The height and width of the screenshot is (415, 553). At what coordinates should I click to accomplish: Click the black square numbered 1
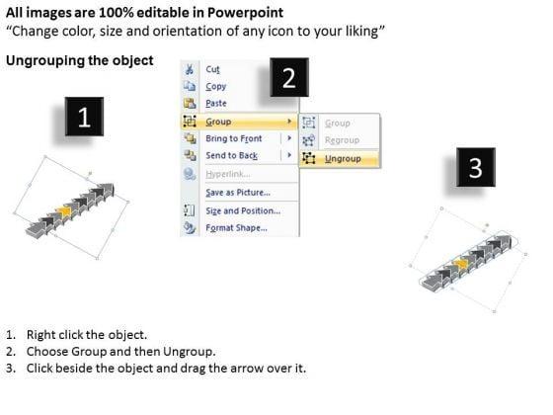[84, 117]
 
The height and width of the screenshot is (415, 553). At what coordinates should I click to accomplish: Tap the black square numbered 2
[289, 77]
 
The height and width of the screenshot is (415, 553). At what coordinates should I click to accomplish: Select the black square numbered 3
[476, 167]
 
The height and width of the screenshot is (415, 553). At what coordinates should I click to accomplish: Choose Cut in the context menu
[212, 69]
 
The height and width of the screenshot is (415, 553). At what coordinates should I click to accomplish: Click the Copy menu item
[216, 87]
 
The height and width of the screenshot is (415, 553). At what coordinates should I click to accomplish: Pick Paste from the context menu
[216, 104]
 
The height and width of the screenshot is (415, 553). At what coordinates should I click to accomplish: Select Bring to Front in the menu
[234, 138]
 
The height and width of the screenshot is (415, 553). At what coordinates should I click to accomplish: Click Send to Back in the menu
[232, 155]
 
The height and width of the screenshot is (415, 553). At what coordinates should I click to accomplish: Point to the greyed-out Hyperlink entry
[228, 174]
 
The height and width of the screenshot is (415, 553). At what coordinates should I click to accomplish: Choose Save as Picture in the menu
[238, 193]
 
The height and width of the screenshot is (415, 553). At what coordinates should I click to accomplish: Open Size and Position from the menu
[243, 210]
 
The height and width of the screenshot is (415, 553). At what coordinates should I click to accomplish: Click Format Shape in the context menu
[237, 228]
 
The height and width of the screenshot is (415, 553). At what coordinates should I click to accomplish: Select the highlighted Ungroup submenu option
[343, 159]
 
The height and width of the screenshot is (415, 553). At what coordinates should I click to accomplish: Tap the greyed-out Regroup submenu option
[342, 140]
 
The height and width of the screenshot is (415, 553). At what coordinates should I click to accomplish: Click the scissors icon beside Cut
[190, 69]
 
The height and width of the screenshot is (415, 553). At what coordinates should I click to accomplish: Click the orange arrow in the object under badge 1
[64, 211]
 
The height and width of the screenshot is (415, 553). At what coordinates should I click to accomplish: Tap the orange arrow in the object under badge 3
[460, 263]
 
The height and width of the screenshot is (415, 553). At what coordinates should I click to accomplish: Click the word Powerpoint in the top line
[245, 13]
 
